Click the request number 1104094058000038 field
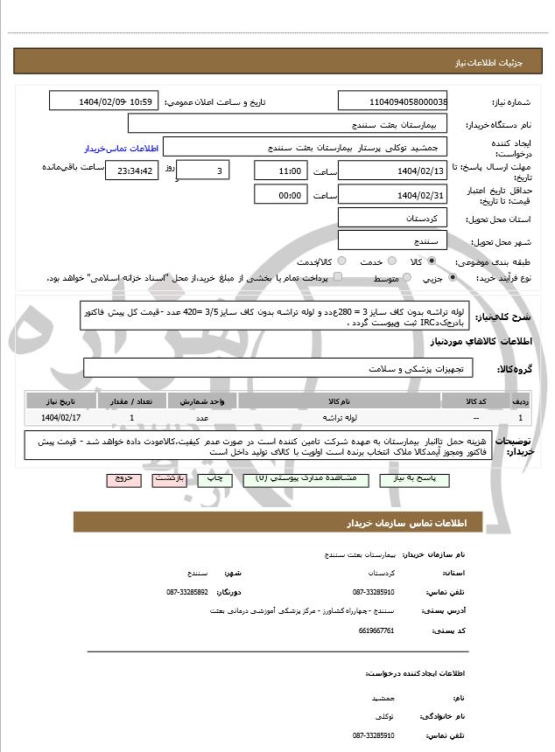393,101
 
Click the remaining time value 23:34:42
131,171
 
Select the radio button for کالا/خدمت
341,261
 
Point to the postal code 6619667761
377,630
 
